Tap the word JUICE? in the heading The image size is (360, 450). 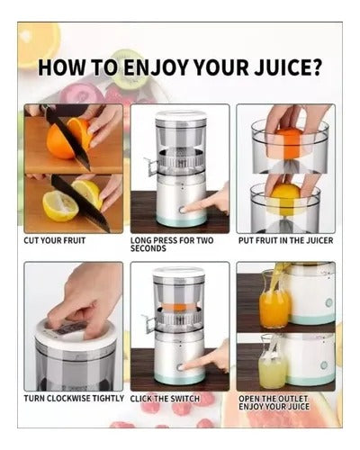[289, 70]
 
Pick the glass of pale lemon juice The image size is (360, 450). [271, 364]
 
